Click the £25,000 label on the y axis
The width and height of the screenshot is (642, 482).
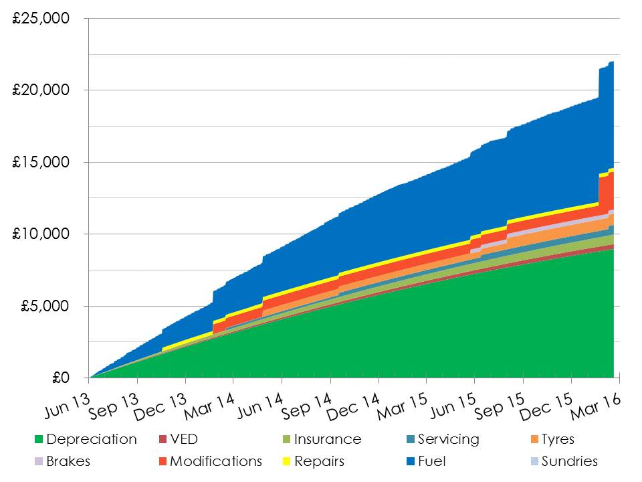(41, 19)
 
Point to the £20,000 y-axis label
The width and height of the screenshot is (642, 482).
(41, 90)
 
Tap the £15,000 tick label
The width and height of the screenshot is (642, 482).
(41, 163)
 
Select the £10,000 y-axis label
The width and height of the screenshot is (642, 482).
(41, 234)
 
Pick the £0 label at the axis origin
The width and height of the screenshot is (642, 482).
(60, 378)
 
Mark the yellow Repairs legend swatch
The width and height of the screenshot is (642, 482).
(286, 461)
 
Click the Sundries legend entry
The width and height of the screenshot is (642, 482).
(569, 461)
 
